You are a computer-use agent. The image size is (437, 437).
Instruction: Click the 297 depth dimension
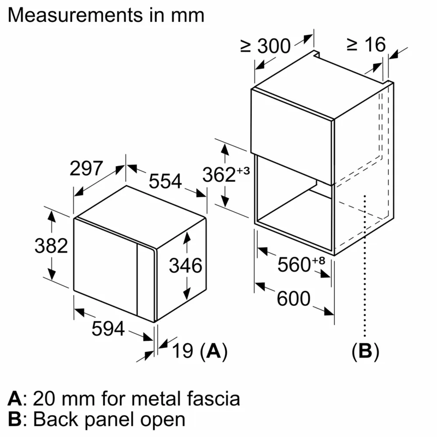coord(86,169)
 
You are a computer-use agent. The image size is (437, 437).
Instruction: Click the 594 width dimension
coord(108,329)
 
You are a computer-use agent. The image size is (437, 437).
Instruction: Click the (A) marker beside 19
coord(213,351)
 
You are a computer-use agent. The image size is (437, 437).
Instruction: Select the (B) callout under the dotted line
coord(364,351)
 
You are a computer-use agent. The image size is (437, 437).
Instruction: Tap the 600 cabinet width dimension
coord(293,299)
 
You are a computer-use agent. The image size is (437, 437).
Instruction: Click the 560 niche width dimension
coord(294,265)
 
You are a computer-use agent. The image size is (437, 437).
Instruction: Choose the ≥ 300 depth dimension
coord(265,46)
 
